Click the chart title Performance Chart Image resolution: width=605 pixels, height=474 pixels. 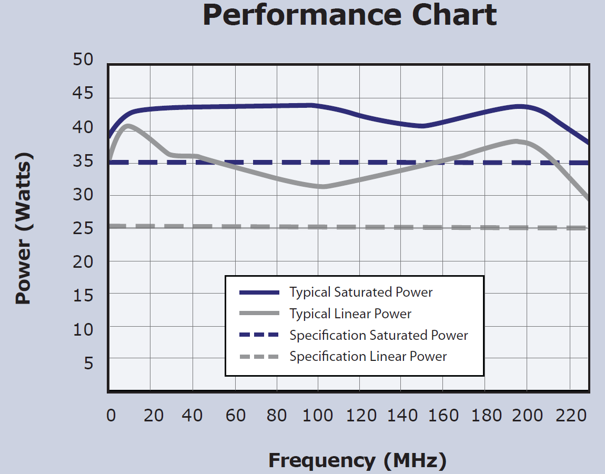click(349, 16)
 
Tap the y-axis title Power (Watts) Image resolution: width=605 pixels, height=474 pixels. click(23, 229)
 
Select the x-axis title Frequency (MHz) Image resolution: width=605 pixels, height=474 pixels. click(357, 460)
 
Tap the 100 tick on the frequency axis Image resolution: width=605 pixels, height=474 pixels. click(318, 416)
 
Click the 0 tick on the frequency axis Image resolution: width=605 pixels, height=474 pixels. click(110, 416)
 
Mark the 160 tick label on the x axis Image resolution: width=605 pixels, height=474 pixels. click(442, 416)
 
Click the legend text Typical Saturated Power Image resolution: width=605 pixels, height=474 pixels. click(361, 292)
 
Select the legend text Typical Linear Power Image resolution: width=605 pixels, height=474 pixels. click(350, 314)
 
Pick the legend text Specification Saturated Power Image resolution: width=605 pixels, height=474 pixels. click(379, 335)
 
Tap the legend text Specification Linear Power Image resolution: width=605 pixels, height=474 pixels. click(368, 357)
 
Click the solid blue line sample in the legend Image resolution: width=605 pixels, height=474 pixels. click(259, 293)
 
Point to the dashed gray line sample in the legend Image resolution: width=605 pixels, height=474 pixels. click(259, 357)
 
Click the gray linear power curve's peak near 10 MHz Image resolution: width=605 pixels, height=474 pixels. click(127, 125)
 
